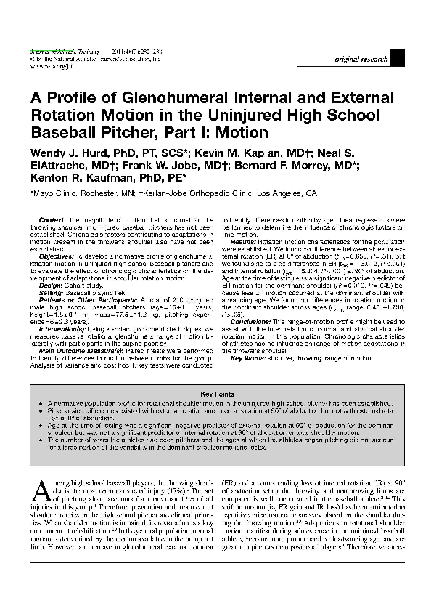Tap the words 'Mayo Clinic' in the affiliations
[55, 195]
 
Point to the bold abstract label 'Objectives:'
[56, 257]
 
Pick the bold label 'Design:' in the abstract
[50, 286]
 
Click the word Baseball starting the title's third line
[62, 133]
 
